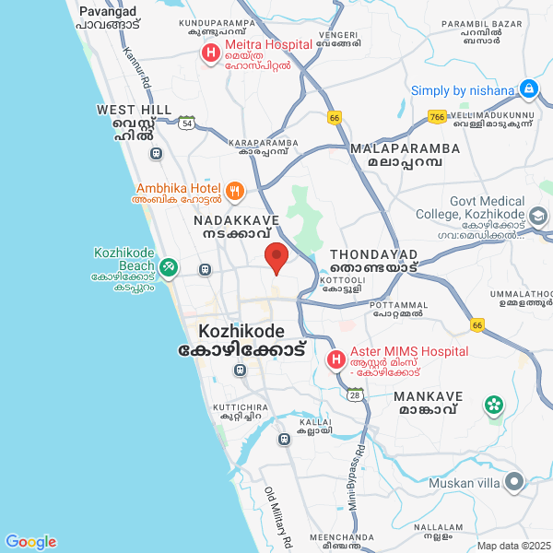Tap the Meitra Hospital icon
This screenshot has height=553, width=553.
tap(211, 53)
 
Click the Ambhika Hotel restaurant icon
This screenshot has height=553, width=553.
tap(235, 192)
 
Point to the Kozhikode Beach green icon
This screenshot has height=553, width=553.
tap(168, 267)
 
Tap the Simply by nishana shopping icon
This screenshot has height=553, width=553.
tap(528, 90)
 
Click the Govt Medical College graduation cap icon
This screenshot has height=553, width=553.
tap(538, 218)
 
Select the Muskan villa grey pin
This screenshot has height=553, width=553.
tap(512, 482)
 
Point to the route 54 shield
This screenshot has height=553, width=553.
tap(187, 123)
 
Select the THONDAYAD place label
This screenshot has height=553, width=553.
tap(373, 254)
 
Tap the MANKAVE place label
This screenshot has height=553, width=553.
tap(425, 395)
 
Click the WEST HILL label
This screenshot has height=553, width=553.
tap(134, 110)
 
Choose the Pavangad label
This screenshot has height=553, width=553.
tap(108, 11)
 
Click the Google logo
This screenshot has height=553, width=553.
tap(30, 542)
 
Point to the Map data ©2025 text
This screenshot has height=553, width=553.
tap(513, 545)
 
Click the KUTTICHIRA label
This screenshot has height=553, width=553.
tap(240, 406)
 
